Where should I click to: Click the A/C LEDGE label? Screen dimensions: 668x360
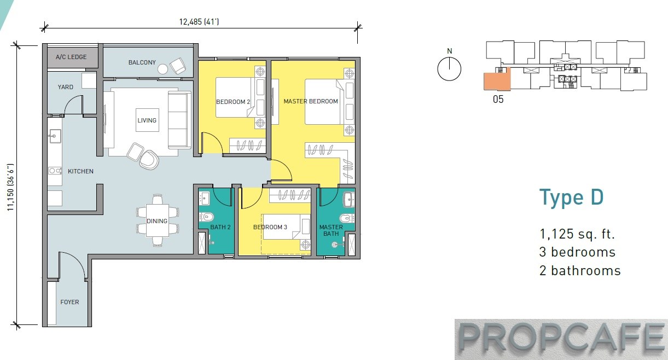point(71,57)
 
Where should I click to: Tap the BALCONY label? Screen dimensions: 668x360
point(142,62)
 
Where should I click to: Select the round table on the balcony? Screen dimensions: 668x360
point(163,69)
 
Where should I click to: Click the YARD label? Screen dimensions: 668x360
point(65,87)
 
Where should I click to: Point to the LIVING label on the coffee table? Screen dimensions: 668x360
point(147,120)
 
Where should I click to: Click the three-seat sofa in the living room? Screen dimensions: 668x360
point(179,120)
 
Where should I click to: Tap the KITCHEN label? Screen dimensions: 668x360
point(80,171)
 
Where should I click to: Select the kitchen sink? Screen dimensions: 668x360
point(55,136)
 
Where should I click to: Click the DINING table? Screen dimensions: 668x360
point(158,220)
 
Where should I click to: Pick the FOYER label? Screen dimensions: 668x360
point(69,302)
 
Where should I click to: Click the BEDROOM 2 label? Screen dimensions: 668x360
point(233,102)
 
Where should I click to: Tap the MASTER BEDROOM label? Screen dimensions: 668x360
point(311,101)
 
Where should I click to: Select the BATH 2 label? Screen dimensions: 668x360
point(220,227)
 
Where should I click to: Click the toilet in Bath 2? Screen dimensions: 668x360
point(206,217)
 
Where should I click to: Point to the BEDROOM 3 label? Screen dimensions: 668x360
point(270,227)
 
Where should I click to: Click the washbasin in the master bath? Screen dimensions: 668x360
point(349,199)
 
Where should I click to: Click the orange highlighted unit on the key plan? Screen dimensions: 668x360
point(497,80)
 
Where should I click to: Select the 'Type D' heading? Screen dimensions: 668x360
point(571,198)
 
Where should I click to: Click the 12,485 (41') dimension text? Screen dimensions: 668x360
point(199,22)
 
